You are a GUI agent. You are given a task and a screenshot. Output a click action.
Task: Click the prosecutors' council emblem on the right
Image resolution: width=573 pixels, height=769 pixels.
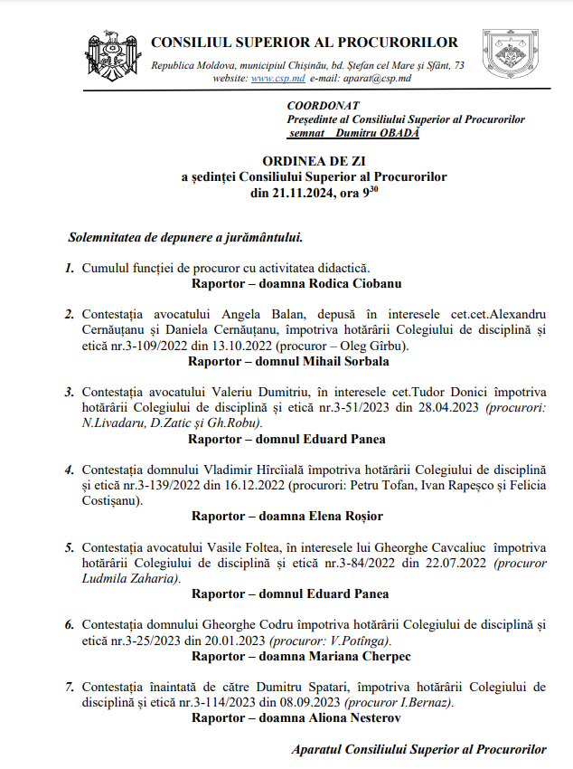pos(511,57)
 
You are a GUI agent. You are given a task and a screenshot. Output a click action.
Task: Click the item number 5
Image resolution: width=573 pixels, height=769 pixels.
pos(69,547)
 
